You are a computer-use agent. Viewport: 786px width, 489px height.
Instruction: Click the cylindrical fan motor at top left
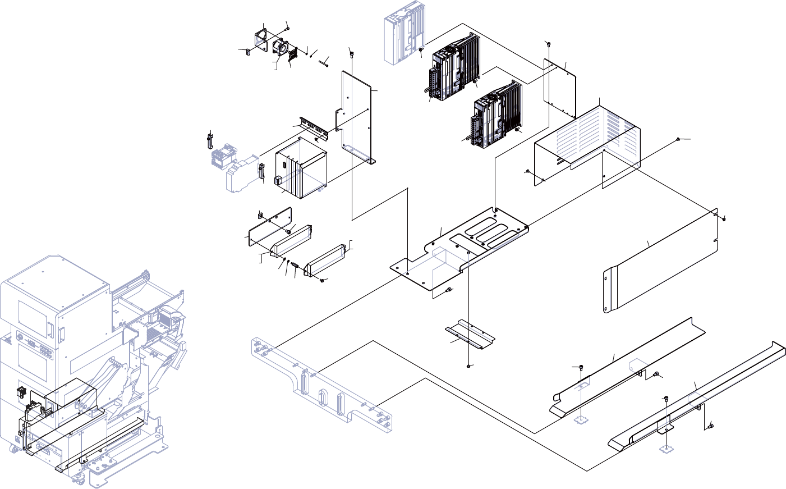click(279, 48)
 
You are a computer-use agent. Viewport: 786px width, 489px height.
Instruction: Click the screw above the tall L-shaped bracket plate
click(352, 53)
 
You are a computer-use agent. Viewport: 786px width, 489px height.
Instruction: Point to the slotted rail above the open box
click(314, 128)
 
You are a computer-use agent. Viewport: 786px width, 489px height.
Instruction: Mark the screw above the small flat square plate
click(548, 44)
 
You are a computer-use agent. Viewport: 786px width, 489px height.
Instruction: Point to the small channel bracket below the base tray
click(470, 334)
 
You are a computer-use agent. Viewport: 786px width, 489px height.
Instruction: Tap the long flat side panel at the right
click(662, 261)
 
